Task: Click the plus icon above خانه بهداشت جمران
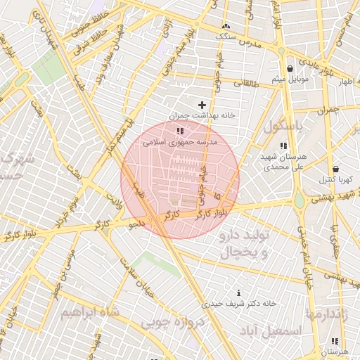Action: [x=202, y=105]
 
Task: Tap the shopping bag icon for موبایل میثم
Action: [x=290, y=68]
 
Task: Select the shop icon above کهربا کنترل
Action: [x=335, y=169]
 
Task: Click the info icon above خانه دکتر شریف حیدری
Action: [x=239, y=293]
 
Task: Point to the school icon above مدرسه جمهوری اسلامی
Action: [x=180, y=131]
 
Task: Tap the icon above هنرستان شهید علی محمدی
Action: [x=283, y=146]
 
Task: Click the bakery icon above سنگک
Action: [x=226, y=25]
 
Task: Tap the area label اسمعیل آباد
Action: [x=270, y=330]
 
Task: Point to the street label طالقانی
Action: [x=246, y=82]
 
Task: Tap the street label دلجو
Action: [x=136, y=224]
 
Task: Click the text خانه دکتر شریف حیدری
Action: [x=239, y=304]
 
